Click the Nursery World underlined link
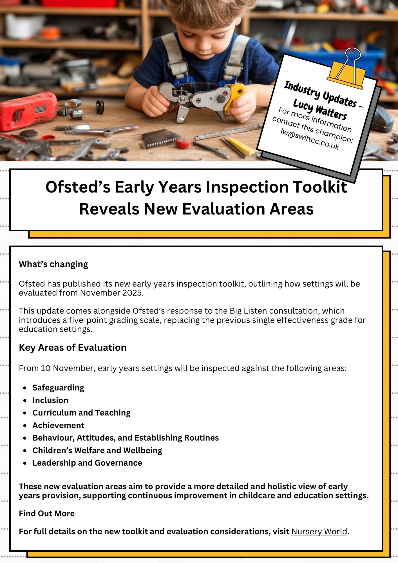319,531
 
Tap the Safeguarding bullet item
58,388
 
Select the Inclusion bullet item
50,400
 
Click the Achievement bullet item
58,425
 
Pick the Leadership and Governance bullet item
87,463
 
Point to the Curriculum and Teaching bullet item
81,413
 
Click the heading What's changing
53,264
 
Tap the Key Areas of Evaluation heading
73,348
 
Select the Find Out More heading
47,513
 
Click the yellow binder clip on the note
346,70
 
